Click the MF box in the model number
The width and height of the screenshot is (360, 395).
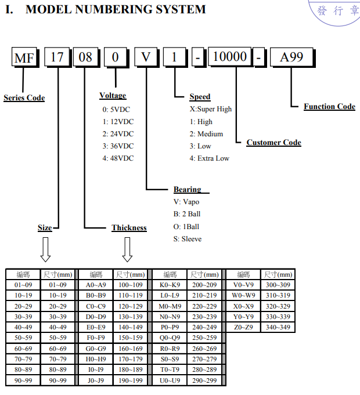click(x=24, y=58)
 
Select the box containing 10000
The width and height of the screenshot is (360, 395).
click(x=230, y=57)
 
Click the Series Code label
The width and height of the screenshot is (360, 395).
click(x=24, y=98)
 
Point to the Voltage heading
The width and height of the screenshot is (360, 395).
click(x=113, y=96)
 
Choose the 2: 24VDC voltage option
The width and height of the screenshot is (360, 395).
click(x=118, y=133)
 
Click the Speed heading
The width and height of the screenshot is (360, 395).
click(x=200, y=97)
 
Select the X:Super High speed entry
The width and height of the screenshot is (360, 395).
click(x=210, y=109)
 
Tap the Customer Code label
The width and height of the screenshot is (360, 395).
click(x=273, y=143)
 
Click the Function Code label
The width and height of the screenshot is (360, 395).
click(x=329, y=107)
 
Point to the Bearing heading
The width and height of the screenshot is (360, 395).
click(x=188, y=190)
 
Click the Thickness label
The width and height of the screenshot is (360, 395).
click(x=129, y=228)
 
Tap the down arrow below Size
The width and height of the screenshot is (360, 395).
click(x=45, y=250)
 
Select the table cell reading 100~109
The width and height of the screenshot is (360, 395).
click(x=130, y=285)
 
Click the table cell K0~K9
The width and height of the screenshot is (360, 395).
click(x=170, y=285)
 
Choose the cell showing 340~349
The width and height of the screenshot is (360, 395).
click(x=278, y=327)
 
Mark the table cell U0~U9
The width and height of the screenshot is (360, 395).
click(x=170, y=380)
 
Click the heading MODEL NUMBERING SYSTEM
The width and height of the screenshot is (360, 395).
click(x=116, y=9)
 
